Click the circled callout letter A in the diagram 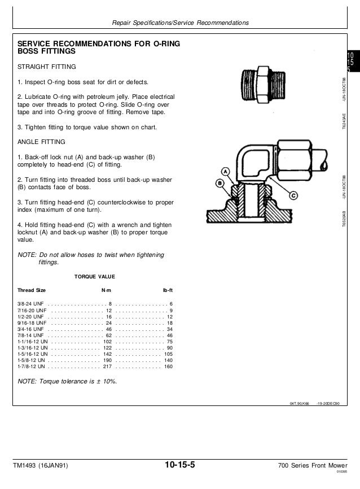[224, 171]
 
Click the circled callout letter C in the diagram [293, 195]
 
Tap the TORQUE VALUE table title [95, 277]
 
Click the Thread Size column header [32, 290]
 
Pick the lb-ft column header [167, 290]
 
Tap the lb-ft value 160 [168, 366]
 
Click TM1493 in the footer [26, 465]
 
